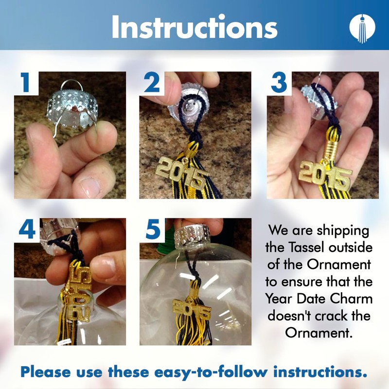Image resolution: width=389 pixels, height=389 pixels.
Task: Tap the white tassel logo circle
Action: (362, 28)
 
